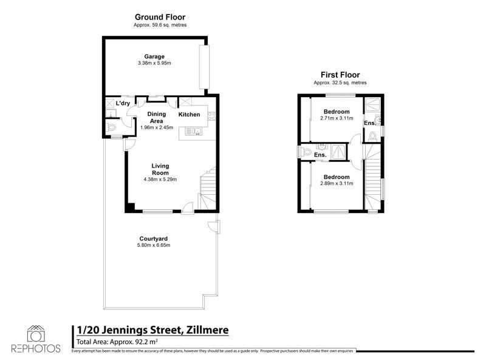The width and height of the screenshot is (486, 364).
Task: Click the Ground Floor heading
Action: click(160, 17)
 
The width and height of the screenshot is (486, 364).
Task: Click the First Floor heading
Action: click(340, 75)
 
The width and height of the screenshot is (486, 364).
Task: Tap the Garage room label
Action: click(154, 56)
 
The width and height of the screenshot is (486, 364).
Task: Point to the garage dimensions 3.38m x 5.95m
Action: click(154, 62)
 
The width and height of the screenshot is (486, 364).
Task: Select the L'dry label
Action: click(123, 103)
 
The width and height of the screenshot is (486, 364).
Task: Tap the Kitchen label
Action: click(189, 115)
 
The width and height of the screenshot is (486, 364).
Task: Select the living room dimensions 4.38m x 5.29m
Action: click(160, 179)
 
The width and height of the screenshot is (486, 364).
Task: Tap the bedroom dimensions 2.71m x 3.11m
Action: click(336, 118)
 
